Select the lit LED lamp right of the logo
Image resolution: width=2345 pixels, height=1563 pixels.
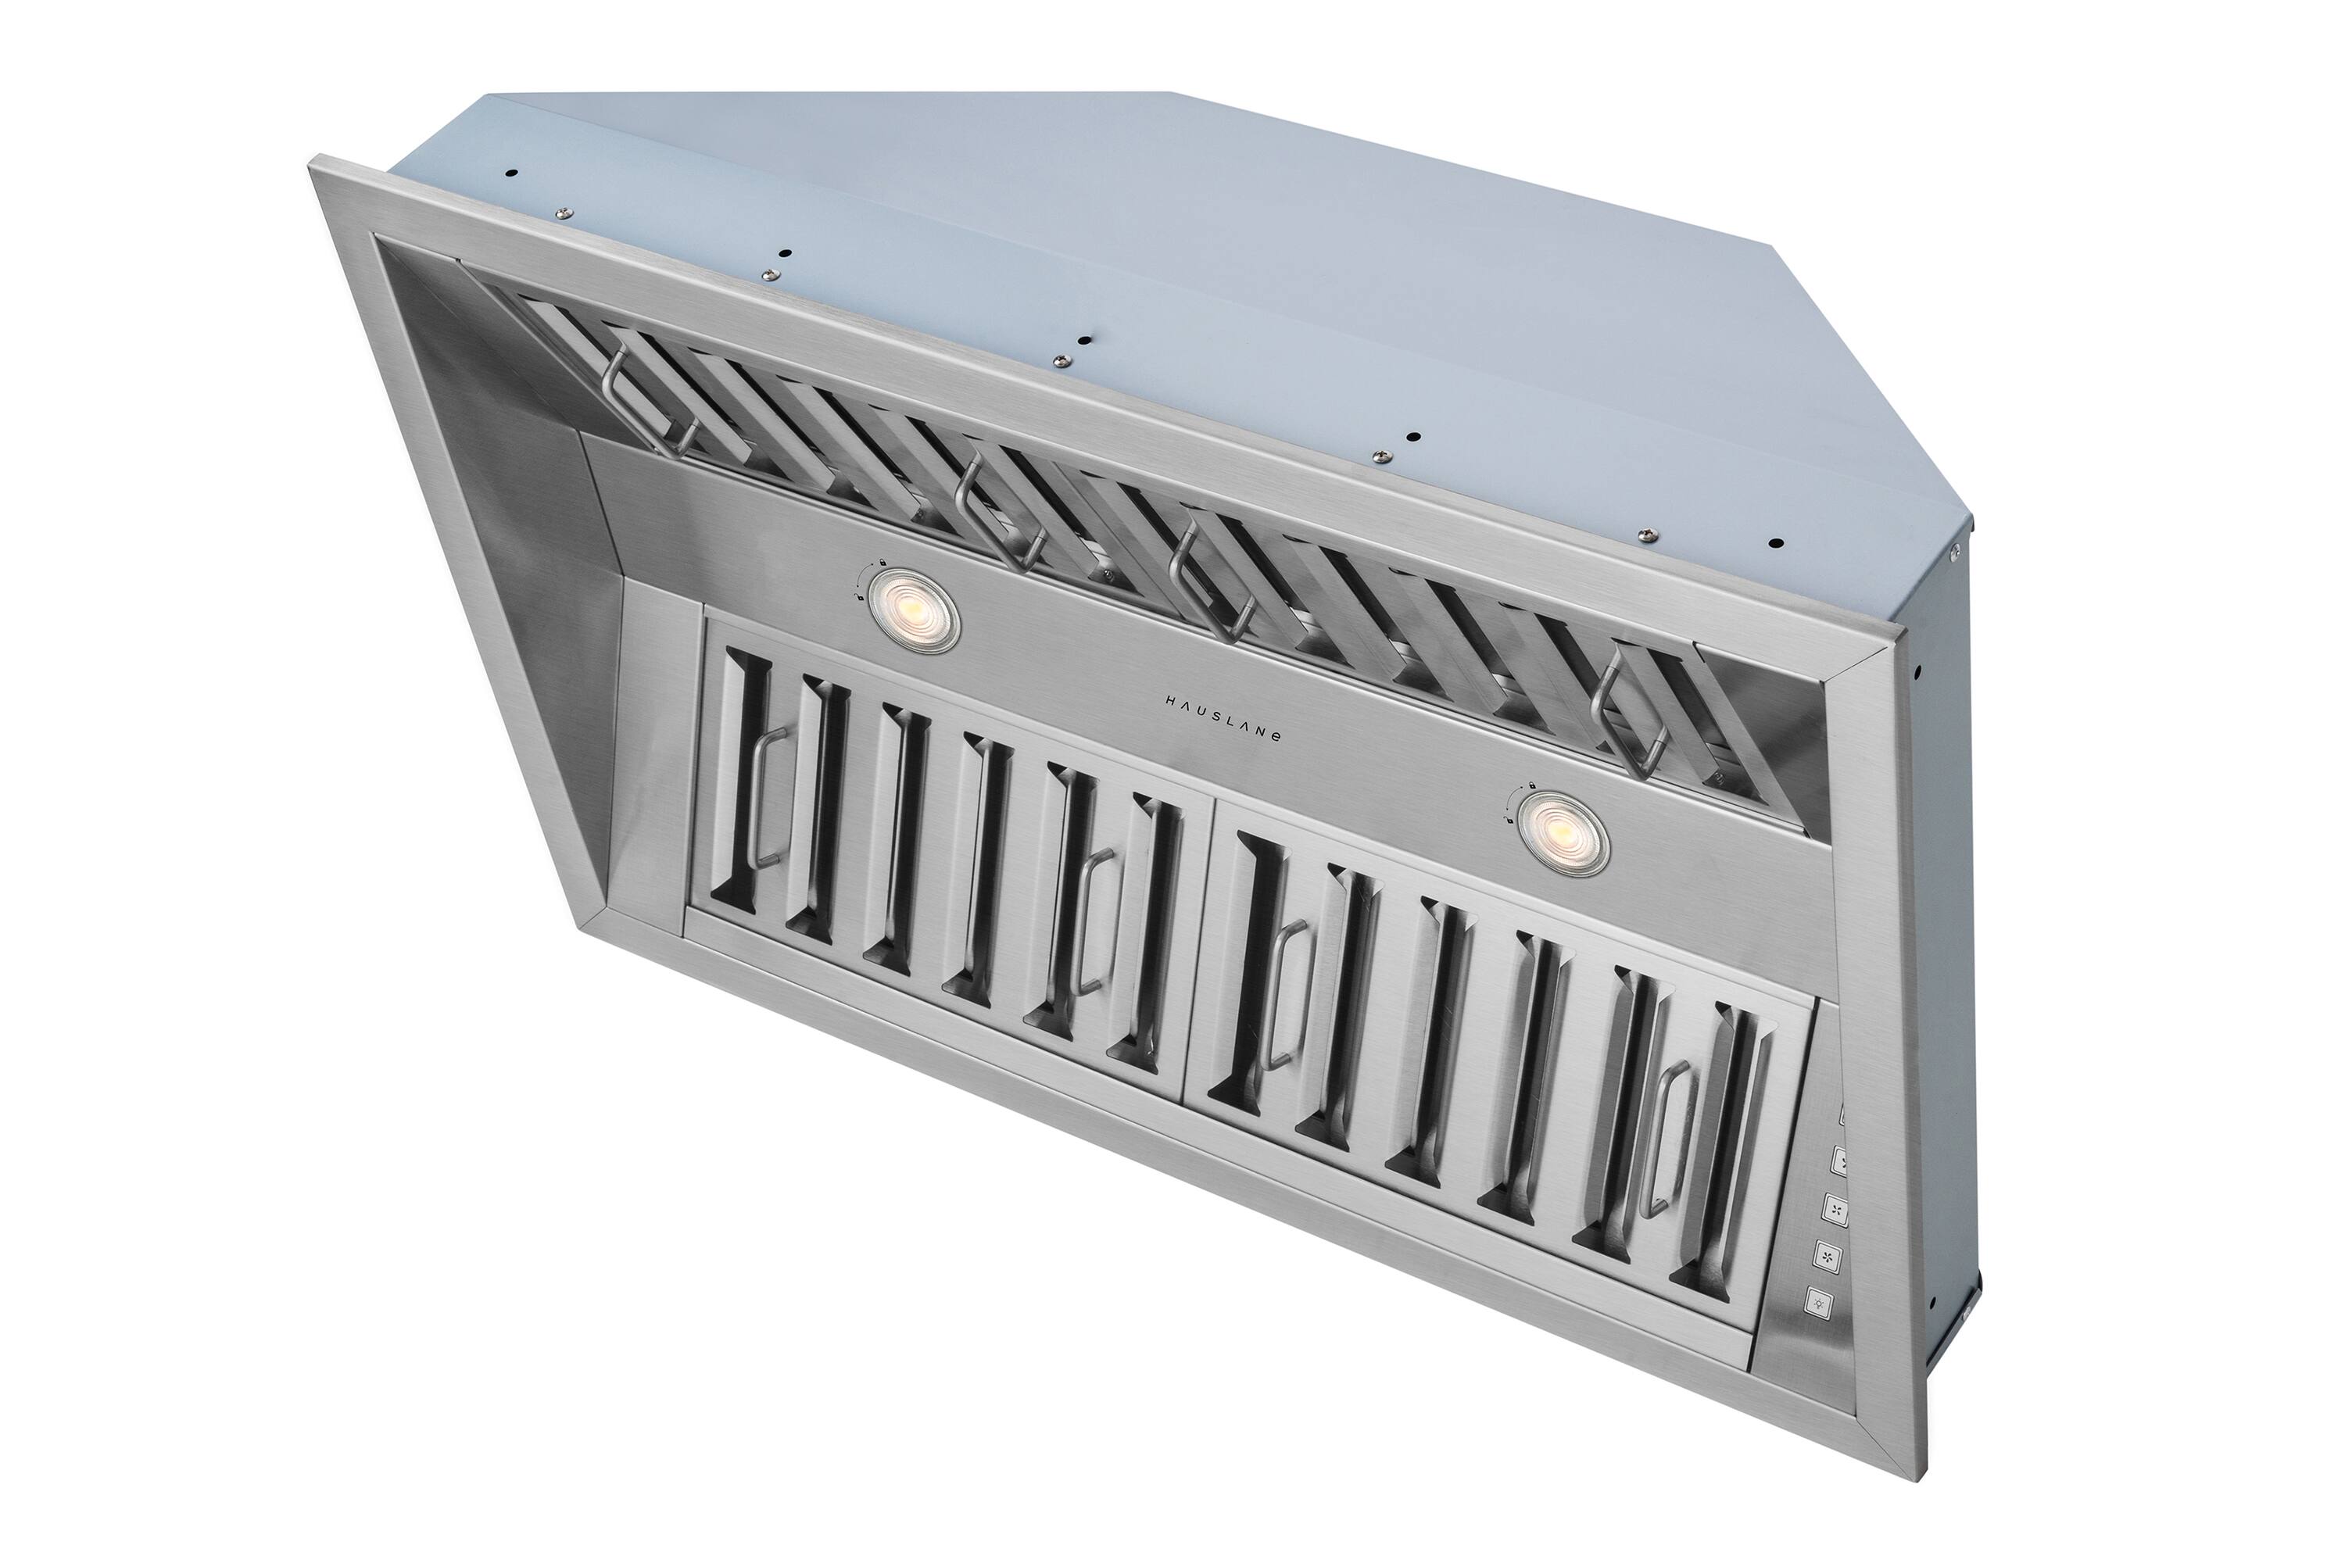[x=1564, y=832]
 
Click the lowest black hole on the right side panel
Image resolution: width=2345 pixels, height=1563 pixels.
[x=1932, y=1302]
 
